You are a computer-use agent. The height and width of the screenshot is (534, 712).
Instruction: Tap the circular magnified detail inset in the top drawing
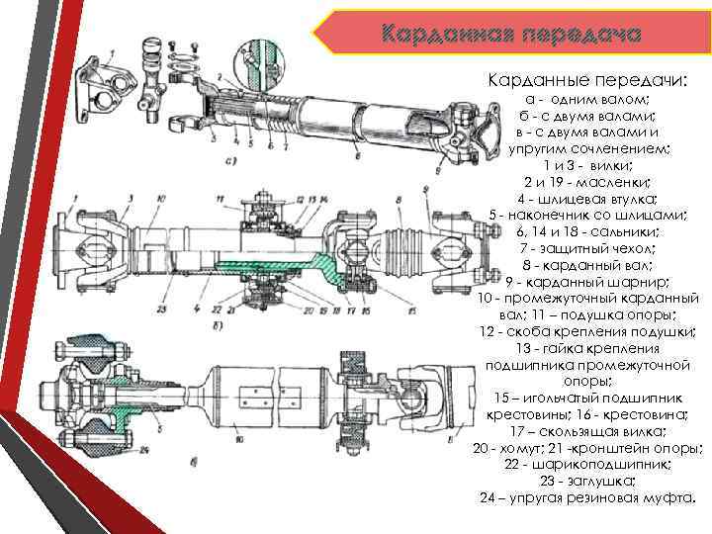coord(259,60)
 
